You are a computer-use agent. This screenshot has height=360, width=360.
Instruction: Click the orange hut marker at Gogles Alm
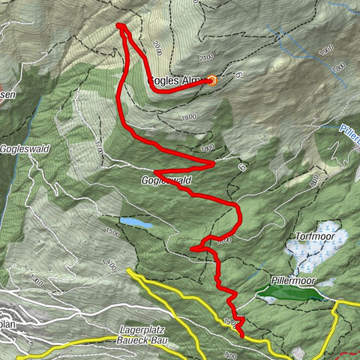click(212, 80)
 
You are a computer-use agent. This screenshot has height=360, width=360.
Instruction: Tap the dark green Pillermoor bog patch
click(292, 293)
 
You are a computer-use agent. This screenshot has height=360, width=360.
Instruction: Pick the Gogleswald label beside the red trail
click(165, 181)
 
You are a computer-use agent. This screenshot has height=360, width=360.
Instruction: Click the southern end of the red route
click(242, 334)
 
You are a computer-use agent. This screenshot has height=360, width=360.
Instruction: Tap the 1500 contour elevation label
click(112, 233)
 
